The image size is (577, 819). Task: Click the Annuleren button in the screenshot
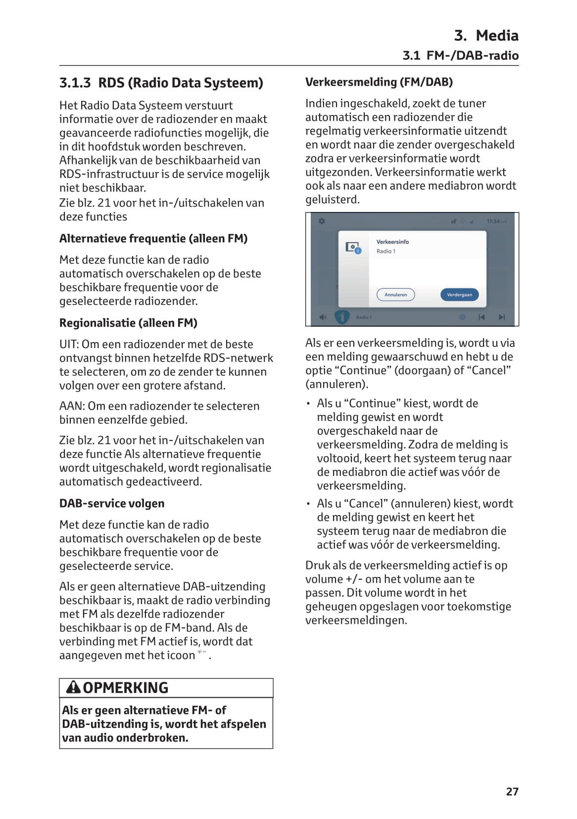tap(395, 295)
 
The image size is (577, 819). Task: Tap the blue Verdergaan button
tap(459, 295)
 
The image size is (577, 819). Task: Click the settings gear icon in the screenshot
tap(322, 221)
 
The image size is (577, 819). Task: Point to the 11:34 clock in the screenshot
tap(496, 221)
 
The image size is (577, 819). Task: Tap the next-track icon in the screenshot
tap(502, 317)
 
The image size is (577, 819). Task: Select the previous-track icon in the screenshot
tap(481, 317)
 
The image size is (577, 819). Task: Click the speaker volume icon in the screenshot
tap(323, 317)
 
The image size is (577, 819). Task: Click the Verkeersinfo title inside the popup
tap(392, 242)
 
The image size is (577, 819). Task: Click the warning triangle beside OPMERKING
tap(73, 687)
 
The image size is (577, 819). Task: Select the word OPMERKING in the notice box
tap(126, 688)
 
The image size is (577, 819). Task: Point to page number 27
tap(512, 792)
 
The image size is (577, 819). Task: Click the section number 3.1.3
tap(75, 83)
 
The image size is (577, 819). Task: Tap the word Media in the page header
tap(497, 36)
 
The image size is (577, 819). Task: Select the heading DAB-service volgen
tap(112, 504)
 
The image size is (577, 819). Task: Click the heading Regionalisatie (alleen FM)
tap(128, 323)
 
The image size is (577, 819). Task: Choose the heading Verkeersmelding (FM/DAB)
tap(379, 82)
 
